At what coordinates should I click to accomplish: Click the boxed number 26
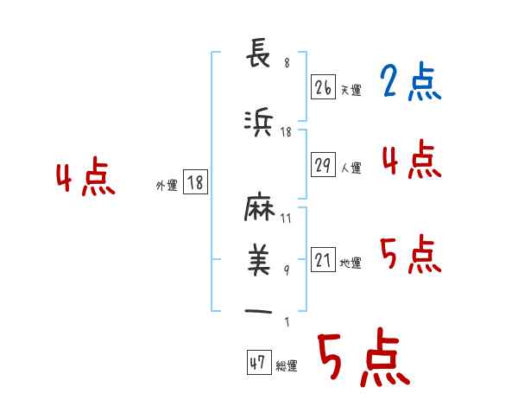pos(323,87)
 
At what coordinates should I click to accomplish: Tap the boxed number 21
pos(323,260)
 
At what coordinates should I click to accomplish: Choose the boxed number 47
pos(257,364)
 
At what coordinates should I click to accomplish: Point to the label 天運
pos(351,91)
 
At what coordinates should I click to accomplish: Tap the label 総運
pos(287,366)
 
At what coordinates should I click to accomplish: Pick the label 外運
pos(166,185)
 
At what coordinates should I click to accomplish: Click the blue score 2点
pos(410,83)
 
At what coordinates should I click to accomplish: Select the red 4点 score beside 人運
pos(412,160)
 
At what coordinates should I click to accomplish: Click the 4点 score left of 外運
pos(85,179)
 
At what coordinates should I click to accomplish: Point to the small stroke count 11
pos(286,219)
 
